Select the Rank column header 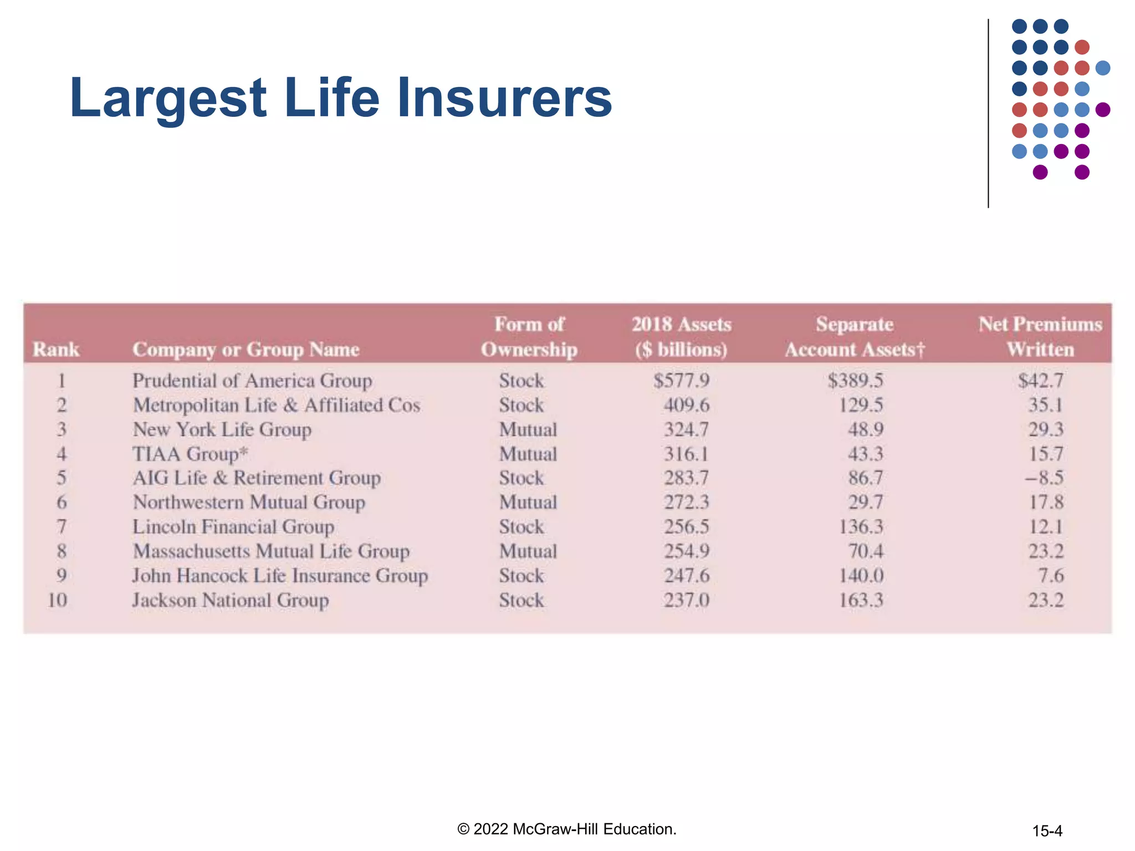pos(56,350)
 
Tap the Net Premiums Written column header pos(1040,336)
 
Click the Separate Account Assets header pos(855,336)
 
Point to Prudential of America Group pos(252,381)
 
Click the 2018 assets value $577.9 pos(681,381)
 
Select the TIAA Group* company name pos(190,454)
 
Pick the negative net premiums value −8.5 pos(1044,478)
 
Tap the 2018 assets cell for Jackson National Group pos(687,600)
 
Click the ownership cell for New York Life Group pos(528,429)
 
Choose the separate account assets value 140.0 pos(861,576)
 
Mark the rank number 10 pos(58,600)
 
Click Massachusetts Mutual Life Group pos(271,551)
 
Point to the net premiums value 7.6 pos(1051,576)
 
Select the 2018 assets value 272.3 pos(687,502)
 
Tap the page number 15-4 pos(1047,831)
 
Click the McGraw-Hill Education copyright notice pos(566,829)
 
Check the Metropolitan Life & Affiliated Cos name pos(277,405)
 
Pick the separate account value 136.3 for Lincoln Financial pos(861,526)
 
